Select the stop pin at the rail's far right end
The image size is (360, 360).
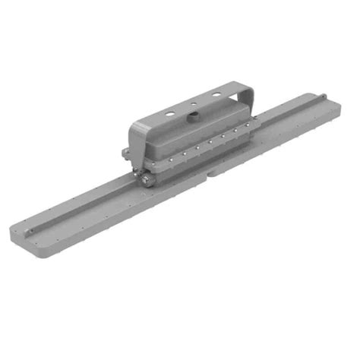point(322,96)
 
